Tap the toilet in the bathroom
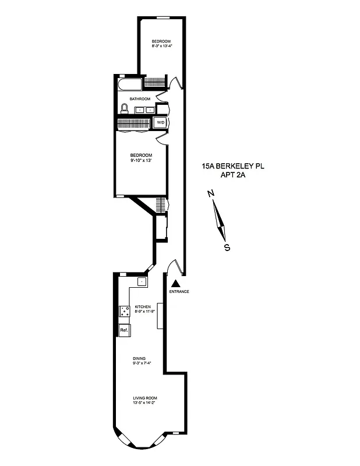125,108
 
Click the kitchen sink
141,282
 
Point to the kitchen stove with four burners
124,312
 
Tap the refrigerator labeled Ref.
124,330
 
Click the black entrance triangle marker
174,283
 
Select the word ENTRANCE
179,291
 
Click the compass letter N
212,194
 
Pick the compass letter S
227,247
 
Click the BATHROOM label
140,99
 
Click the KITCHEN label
143,306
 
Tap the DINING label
139,358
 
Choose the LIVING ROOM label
143,398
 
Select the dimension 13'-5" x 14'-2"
143,403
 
